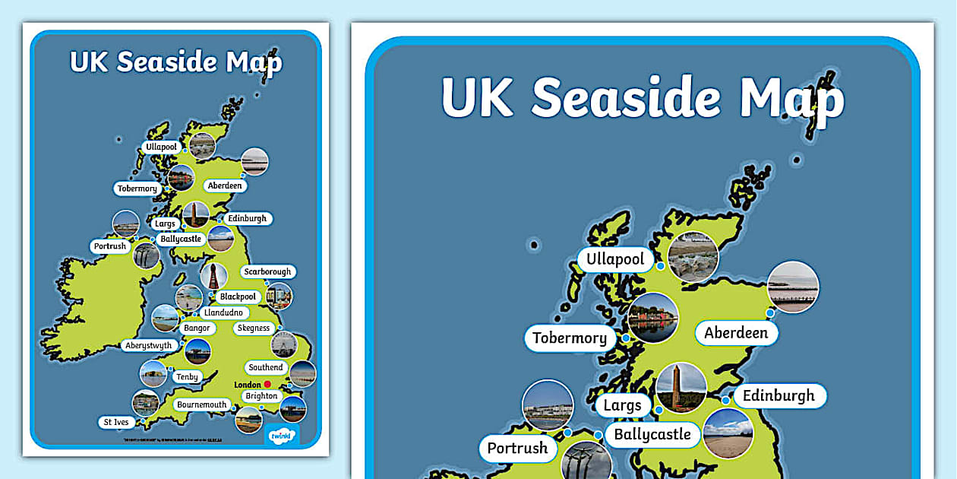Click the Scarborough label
[267, 271]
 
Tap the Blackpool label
[238, 297]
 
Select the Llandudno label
[222, 312]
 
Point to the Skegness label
[254, 328]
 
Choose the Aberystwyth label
[148, 345]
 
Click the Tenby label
[187, 376]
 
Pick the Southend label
[266, 367]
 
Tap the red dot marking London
[267, 385]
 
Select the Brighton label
[261, 396]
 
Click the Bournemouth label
[202, 404]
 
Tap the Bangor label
[196, 328]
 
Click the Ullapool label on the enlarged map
[615, 259]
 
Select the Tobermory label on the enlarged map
[570, 338]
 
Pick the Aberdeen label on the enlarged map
[736, 333]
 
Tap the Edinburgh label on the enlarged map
[779, 395]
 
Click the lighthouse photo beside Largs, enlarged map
[681, 387]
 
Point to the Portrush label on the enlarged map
[517, 448]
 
